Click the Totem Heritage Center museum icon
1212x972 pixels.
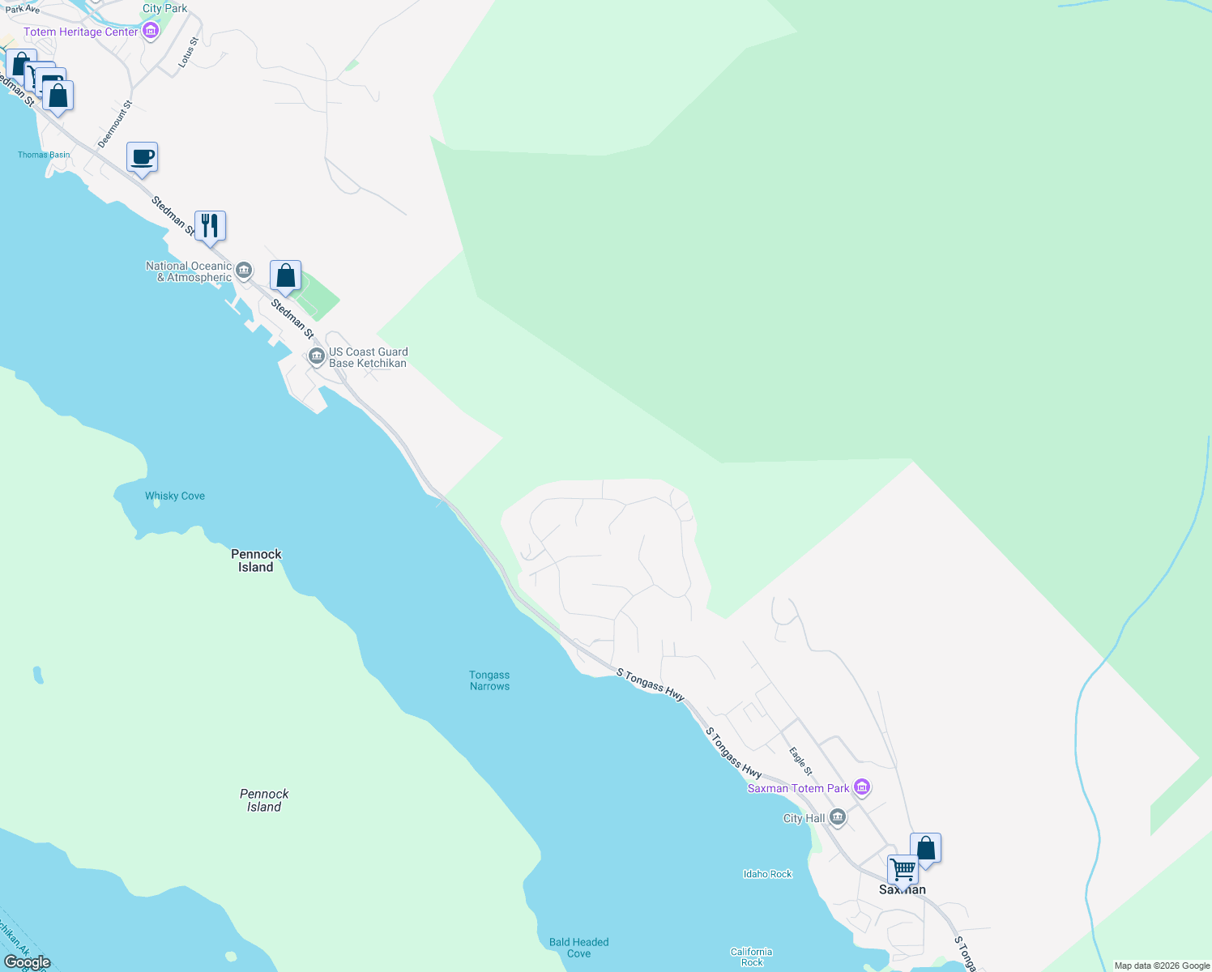coord(150,32)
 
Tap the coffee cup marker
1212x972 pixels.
coord(143,157)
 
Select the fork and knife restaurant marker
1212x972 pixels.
coord(211,225)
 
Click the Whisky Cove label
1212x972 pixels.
coord(175,496)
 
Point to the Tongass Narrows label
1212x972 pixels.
coord(489,680)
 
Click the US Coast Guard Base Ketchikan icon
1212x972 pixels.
coord(317,356)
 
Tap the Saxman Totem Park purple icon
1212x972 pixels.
coord(862,787)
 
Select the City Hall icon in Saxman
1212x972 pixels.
coord(839,817)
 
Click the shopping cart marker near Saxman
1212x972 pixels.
coord(903,870)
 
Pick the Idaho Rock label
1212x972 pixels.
coord(767,874)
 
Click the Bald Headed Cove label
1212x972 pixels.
coord(578,948)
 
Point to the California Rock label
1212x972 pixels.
coord(751,957)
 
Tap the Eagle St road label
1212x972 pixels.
coord(800,758)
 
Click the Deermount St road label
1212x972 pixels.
coord(115,124)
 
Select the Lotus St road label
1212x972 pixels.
coord(188,52)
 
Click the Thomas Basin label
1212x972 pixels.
coord(44,155)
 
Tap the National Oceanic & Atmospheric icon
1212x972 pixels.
coord(244,270)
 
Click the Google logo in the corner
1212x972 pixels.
coord(27,962)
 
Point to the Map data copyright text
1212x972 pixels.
coord(1162,966)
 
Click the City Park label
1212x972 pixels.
coord(164,8)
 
